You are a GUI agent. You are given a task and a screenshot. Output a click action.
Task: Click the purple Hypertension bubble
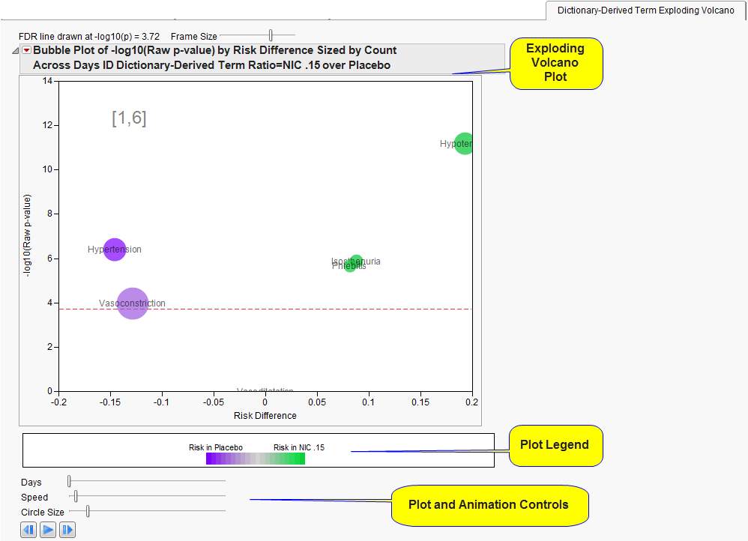[x=114, y=250]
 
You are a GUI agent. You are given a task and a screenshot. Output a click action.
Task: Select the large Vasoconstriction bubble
[x=133, y=303]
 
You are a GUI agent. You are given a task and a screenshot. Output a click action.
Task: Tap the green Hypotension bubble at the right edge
[x=464, y=143]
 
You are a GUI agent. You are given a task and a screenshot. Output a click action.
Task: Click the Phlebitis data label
[x=349, y=266]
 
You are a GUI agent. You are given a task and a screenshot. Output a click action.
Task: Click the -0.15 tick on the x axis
[x=110, y=402]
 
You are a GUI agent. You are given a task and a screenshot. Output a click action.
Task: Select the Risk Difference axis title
[x=265, y=416]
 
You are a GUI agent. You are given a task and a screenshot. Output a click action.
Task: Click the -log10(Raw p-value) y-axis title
[x=28, y=236]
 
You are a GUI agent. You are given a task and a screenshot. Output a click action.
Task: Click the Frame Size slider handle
[x=271, y=35]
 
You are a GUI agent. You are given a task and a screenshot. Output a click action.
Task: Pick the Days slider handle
[x=69, y=482]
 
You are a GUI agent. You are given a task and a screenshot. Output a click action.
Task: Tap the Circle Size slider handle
[x=88, y=511]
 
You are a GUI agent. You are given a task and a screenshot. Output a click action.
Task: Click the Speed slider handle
[x=76, y=496]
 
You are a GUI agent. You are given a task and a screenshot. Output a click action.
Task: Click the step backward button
[x=28, y=530]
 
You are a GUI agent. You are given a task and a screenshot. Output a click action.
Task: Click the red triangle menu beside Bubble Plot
[x=26, y=50]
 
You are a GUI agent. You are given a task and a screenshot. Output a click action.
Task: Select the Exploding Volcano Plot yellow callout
[x=555, y=63]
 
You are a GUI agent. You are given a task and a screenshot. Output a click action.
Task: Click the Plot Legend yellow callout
[x=555, y=445]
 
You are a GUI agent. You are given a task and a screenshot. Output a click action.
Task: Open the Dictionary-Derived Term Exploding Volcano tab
[x=645, y=10]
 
